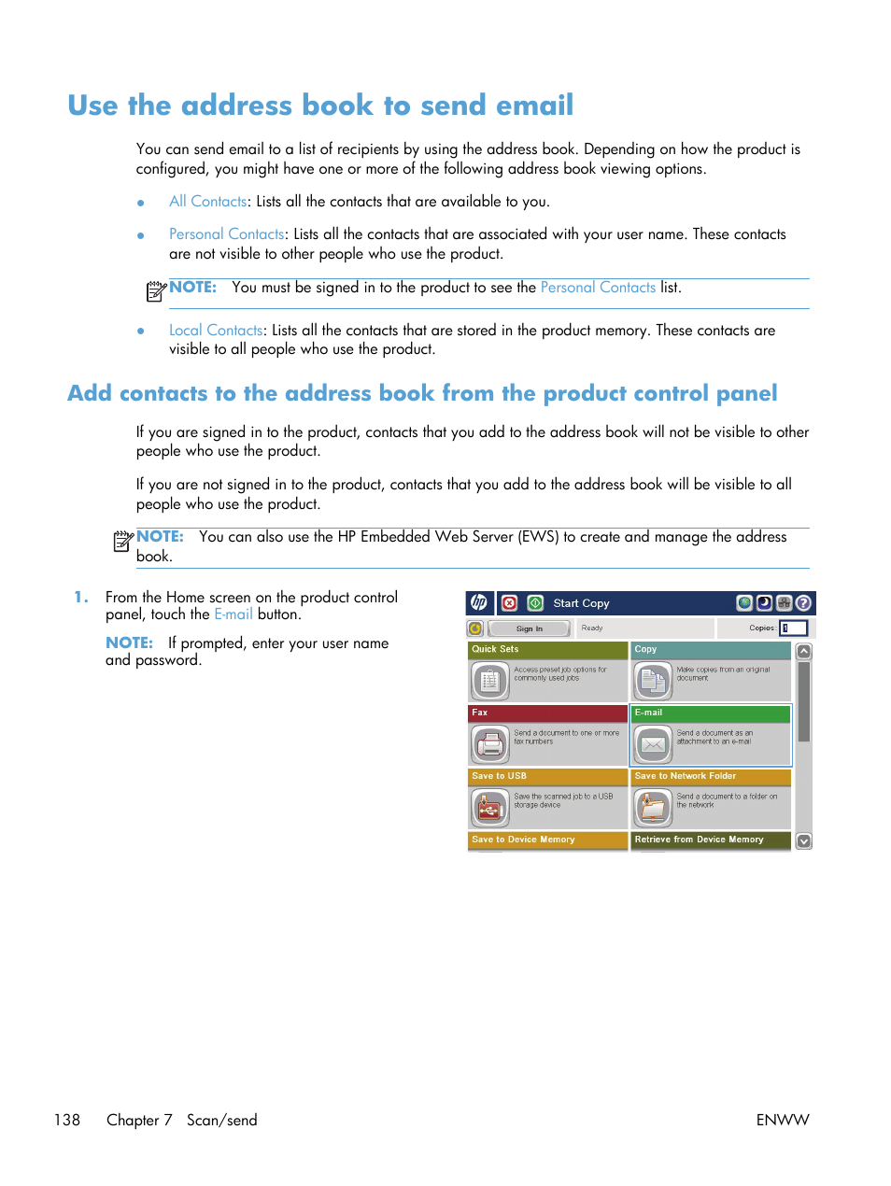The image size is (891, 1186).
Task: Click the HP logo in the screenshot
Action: click(x=479, y=603)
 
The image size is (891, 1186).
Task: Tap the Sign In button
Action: click(x=529, y=629)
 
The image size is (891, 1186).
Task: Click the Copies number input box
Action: click(x=794, y=628)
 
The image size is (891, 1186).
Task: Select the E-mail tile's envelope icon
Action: click(x=653, y=744)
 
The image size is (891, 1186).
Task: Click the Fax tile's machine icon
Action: click(x=490, y=744)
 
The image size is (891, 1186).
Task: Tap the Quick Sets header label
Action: click(x=495, y=649)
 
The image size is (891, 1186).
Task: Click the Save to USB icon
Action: click(x=490, y=808)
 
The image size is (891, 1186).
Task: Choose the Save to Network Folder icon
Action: click(x=653, y=808)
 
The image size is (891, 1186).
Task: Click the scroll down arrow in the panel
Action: click(x=803, y=840)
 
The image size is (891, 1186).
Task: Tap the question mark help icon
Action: click(x=803, y=603)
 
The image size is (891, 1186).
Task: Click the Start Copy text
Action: click(x=581, y=603)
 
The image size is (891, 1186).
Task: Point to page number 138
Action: click(x=67, y=1120)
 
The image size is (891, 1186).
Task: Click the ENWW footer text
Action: click(x=782, y=1120)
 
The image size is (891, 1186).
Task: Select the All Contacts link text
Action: click(x=207, y=202)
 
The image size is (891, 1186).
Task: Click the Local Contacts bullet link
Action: click(x=216, y=331)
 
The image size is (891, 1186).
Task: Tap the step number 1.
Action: click(x=81, y=598)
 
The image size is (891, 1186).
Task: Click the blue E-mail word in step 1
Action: click(x=233, y=614)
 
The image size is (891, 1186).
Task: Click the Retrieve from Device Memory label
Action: click(x=699, y=840)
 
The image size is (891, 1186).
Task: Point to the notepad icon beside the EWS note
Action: click(x=122, y=541)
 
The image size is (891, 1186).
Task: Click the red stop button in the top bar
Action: click(x=509, y=603)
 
